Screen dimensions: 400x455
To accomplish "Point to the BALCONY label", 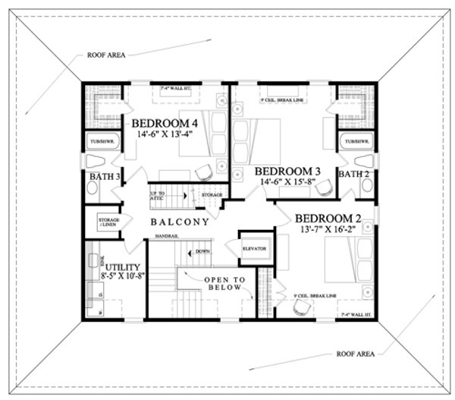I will tap(179, 222).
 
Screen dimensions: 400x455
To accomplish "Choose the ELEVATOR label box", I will tap(253, 249).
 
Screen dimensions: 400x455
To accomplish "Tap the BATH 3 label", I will tap(106, 177).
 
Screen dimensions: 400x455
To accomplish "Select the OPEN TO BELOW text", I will tap(224, 285).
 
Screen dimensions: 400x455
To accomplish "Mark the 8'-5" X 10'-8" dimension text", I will tap(120, 279).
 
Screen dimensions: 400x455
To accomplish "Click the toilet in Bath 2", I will tap(364, 161).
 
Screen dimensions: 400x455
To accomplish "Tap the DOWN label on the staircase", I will tap(202, 251).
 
